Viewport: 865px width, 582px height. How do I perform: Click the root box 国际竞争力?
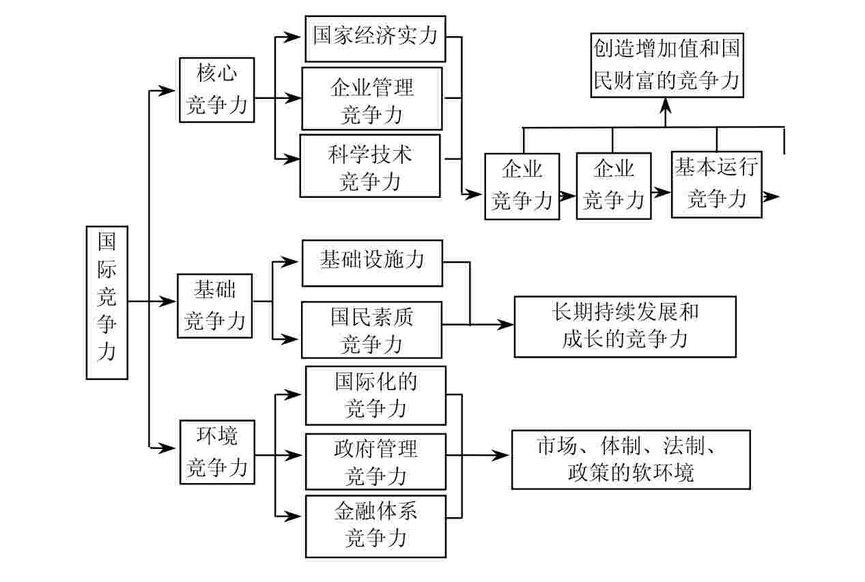point(107,302)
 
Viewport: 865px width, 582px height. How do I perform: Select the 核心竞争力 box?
point(216,90)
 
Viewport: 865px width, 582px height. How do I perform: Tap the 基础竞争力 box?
point(214,306)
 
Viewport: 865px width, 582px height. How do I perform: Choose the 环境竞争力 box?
point(216,452)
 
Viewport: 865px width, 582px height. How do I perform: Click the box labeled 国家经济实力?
point(375,38)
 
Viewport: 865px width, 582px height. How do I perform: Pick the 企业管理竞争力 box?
point(372,98)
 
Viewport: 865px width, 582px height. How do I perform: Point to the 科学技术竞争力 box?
point(369,166)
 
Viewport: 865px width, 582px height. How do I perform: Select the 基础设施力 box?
point(372,263)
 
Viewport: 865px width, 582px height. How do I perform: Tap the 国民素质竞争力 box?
point(372,330)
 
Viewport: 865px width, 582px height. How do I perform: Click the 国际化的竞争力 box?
point(375,395)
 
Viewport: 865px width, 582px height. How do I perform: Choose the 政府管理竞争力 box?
point(375,461)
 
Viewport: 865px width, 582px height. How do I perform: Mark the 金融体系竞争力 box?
point(375,526)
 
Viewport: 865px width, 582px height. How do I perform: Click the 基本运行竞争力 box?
point(716,184)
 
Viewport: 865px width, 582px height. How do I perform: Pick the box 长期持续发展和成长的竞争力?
point(625,327)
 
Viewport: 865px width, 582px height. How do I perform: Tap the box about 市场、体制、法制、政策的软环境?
point(631,459)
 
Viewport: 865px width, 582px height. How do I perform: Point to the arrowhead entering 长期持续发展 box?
point(506,325)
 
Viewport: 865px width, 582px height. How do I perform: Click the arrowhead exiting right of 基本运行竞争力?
point(772,197)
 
